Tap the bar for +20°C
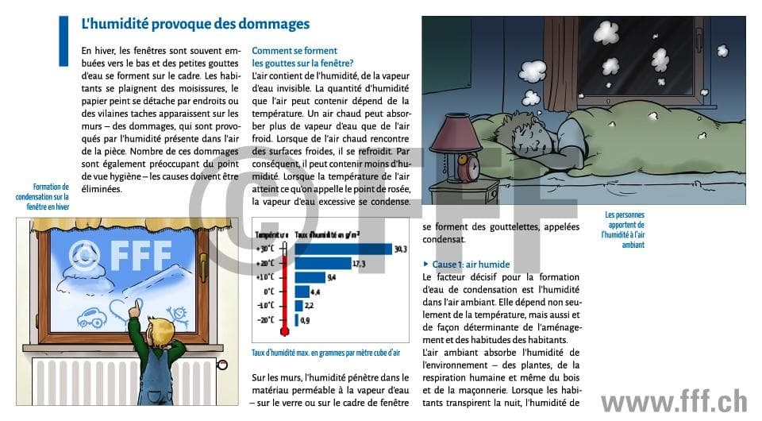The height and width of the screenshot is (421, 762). click(323, 263)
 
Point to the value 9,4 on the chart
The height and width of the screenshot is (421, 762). click(333, 277)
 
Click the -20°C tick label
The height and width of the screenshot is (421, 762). click(265, 319)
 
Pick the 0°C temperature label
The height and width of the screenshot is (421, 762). click(268, 292)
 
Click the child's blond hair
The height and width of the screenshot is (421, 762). click(164, 327)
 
